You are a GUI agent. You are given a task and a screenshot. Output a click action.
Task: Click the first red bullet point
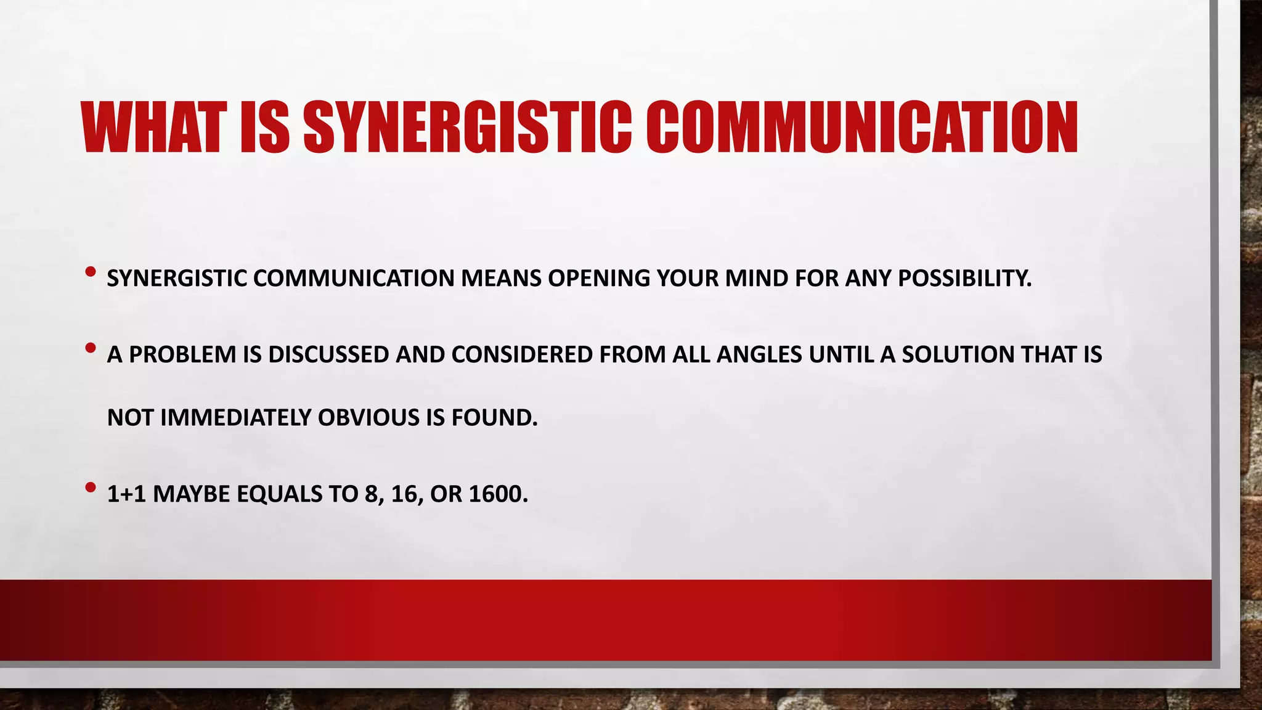point(91,271)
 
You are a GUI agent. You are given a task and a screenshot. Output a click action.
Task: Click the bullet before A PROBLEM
point(91,348)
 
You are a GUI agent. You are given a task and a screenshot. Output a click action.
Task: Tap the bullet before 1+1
point(91,488)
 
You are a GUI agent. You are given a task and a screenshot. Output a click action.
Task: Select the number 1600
point(498,494)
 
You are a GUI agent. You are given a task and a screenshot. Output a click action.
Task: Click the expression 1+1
point(126,494)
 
